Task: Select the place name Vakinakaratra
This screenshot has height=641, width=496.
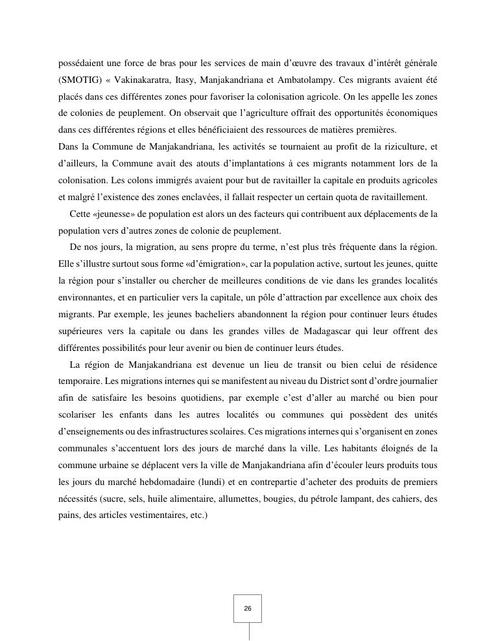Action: pyautogui.click(x=146, y=80)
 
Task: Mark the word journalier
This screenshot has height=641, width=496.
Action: pyautogui.click(x=414, y=382)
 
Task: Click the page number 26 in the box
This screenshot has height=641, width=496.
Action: pyautogui.click(x=248, y=609)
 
